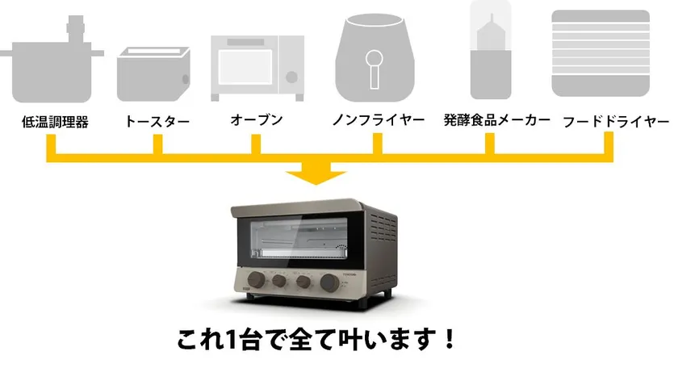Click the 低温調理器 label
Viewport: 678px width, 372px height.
pos(55,122)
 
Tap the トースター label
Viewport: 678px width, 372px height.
pos(157,121)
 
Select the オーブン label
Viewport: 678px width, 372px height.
pos(257,119)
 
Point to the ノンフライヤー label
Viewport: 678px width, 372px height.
pos(379,119)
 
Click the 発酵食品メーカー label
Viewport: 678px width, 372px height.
pos(497,119)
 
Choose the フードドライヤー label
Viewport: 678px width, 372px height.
pos(616,121)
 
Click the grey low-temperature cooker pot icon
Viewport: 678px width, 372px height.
pos(52,60)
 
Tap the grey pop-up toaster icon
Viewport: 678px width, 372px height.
pos(153,74)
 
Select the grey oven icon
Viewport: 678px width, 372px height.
pos(257,69)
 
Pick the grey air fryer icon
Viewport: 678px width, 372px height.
pos(375,57)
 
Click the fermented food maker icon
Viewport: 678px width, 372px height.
pos(491,50)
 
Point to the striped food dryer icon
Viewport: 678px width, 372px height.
pos(601,53)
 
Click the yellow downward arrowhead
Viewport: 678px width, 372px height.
pos(316,174)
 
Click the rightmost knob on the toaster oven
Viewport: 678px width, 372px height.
pos(330,282)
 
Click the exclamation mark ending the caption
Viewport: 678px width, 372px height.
pos(450,339)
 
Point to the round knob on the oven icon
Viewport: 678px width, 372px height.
pos(292,77)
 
